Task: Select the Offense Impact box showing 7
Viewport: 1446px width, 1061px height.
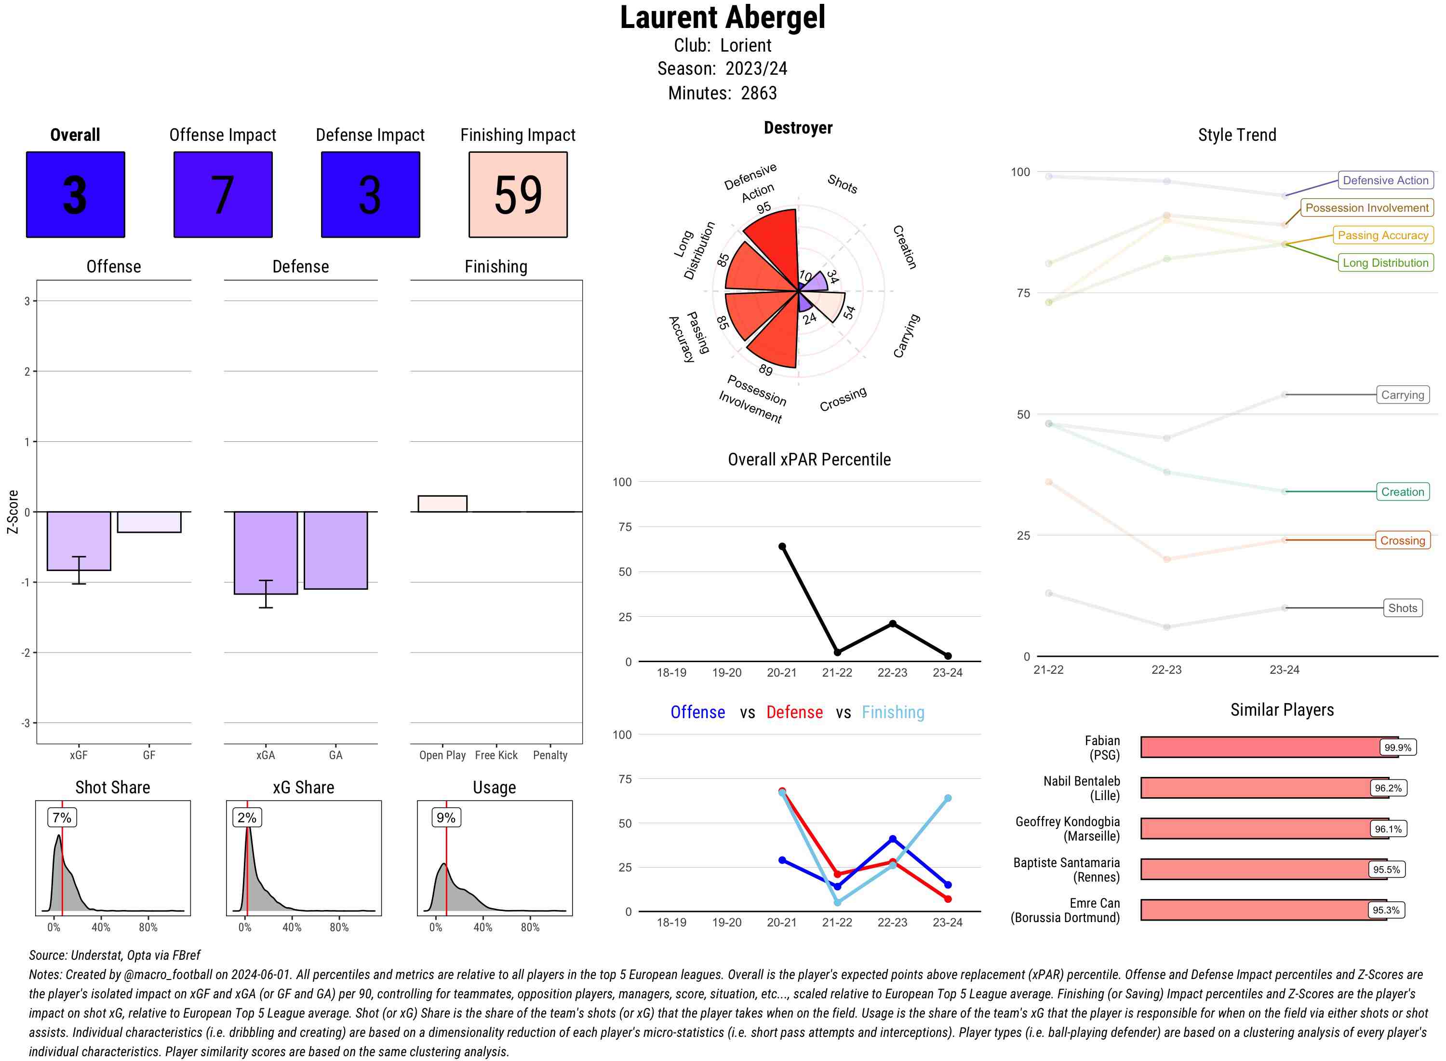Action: [x=223, y=195]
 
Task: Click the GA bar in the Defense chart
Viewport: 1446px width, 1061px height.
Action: [x=335, y=550]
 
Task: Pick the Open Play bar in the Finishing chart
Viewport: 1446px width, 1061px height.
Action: [x=442, y=503]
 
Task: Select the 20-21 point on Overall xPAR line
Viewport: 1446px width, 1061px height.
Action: [x=782, y=546]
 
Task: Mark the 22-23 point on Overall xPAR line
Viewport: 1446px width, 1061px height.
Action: [x=892, y=624]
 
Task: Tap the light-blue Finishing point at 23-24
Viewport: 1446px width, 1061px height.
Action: [x=947, y=798]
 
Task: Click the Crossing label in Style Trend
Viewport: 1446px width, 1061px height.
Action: [x=1402, y=540]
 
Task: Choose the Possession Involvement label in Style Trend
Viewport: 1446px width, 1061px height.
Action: [x=1366, y=207]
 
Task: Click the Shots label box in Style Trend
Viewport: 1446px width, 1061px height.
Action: [x=1402, y=608]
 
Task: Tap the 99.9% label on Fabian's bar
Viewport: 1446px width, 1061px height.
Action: [x=1397, y=747]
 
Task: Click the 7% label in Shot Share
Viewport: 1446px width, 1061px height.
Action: [x=62, y=817]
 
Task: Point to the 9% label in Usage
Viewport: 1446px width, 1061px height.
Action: [x=445, y=817]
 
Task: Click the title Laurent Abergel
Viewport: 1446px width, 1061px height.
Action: [x=722, y=17]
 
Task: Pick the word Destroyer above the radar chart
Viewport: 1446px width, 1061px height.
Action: [x=798, y=128]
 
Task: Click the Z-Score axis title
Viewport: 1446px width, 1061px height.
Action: [x=12, y=512]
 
